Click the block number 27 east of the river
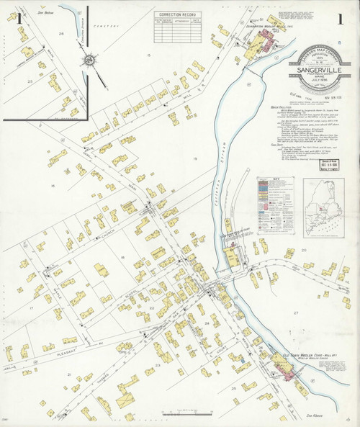tap(296, 313)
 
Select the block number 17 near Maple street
tap(30, 307)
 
